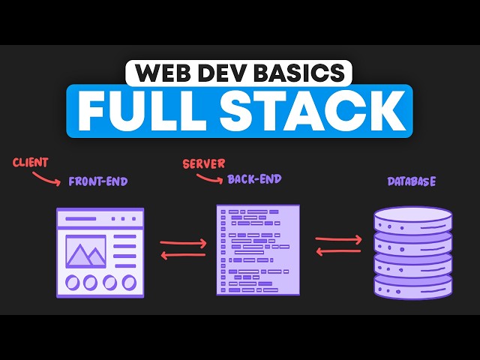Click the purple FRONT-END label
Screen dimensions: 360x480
tap(97, 181)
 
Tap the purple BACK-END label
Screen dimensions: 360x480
tap(255, 181)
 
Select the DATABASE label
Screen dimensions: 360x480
tap(412, 181)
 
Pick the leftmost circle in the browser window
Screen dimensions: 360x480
tap(72, 283)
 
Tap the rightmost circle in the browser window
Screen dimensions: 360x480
tap(129, 283)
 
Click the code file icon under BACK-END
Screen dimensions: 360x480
tap(259, 248)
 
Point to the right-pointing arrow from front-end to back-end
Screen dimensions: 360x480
tap(183, 243)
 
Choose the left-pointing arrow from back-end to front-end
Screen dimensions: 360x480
tap(183, 255)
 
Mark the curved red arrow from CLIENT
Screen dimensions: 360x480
tap(49, 178)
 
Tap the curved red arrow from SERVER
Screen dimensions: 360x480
tap(209, 178)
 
